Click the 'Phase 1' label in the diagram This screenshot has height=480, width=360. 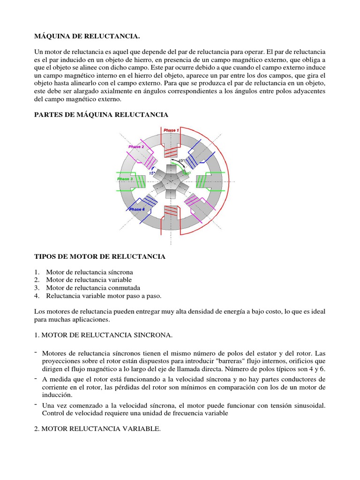171,130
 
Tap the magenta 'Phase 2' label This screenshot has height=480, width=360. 136,146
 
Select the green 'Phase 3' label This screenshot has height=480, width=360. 125,179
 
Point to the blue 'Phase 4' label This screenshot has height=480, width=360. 136,209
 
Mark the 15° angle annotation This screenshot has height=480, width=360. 152,172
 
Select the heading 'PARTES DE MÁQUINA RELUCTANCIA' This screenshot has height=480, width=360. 101,114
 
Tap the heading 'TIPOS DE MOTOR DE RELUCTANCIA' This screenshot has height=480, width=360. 100,256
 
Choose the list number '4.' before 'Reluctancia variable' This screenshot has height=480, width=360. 37,296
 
